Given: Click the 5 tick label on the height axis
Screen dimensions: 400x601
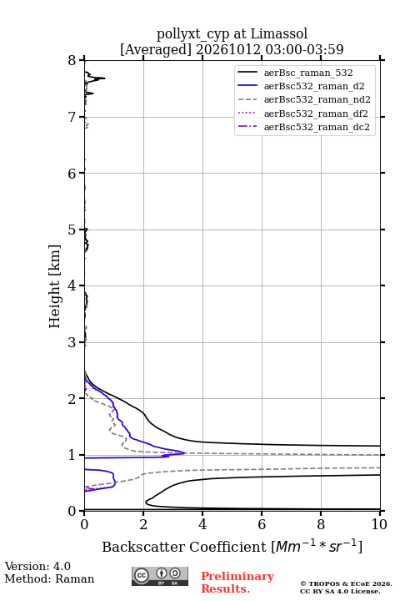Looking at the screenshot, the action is pyautogui.click(x=72, y=230).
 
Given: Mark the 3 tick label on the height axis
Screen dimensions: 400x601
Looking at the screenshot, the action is pyautogui.click(x=72, y=342).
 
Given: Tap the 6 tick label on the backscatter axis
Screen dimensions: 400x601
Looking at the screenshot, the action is pyautogui.click(x=262, y=524).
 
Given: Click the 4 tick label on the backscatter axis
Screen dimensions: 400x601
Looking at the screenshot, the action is pyautogui.click(x=202, y=524).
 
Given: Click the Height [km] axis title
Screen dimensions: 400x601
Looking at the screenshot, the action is pyautogui.click(x=54, y=286).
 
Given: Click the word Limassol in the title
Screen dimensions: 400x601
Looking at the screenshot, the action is pyautogui.click(x=278, y=34).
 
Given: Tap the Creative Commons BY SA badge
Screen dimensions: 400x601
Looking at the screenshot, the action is pyautogui.click(x=160, y=576).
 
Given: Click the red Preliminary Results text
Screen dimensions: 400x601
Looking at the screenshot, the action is pyautogui.click(x=237, y=583).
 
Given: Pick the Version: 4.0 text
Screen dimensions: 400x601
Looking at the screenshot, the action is pyautogui.click(x=37, y=566).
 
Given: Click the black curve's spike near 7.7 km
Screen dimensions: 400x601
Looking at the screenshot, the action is pyautogui.click(x=104, y=78).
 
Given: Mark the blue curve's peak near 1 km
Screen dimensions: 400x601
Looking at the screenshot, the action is pyautogui.click(x=185, y=452).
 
